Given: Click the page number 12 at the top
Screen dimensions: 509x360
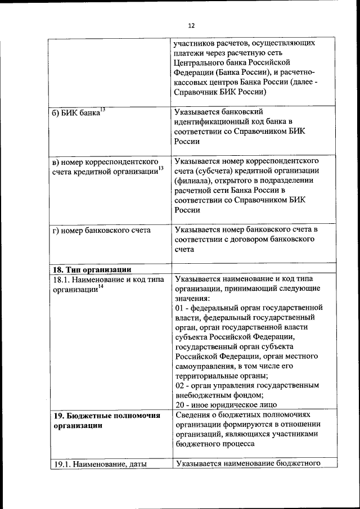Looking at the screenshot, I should (x=191, y=26).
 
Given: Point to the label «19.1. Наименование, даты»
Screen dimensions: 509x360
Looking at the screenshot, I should (x=99, y=465).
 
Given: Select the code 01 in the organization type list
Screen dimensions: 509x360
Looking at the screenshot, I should (x=179, y=308).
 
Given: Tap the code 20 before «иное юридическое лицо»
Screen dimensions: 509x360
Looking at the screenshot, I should (x=179, y=404).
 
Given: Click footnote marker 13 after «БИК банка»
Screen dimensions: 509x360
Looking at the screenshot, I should (x=102, y=109).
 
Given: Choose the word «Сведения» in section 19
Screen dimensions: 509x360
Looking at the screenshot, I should (x=191, y=416).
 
